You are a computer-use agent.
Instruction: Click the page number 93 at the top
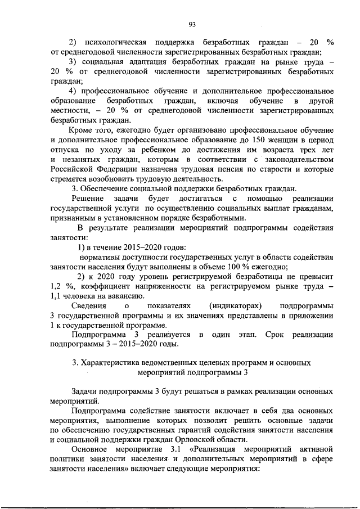pos(192,23)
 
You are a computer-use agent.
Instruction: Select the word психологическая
pos(115,42)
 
